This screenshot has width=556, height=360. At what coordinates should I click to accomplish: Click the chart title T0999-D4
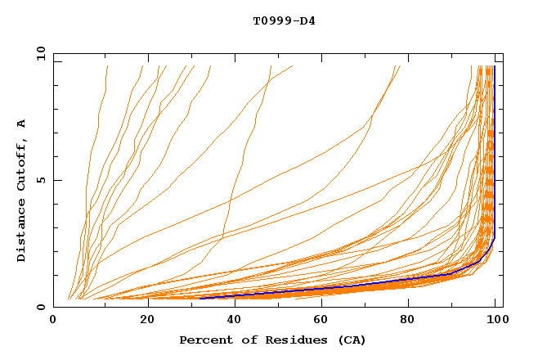pyautogui.click(x=284, y=21)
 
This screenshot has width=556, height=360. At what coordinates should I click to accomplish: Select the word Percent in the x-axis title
pyautogui.click(x=204, y=340)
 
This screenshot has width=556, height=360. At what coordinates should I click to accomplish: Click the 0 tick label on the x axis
pyautogui.click(x=53, y=321)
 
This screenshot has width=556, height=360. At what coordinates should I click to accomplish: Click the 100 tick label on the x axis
pyautogui.click(x=496, y=321)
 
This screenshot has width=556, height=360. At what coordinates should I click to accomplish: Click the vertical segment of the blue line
pyautogui.click(x=494, y=147)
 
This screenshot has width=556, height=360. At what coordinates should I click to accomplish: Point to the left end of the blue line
pyautogui.click(x=200, y=298)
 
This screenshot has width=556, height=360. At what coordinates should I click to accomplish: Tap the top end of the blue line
pyautogui.click(x=494, y=66)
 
